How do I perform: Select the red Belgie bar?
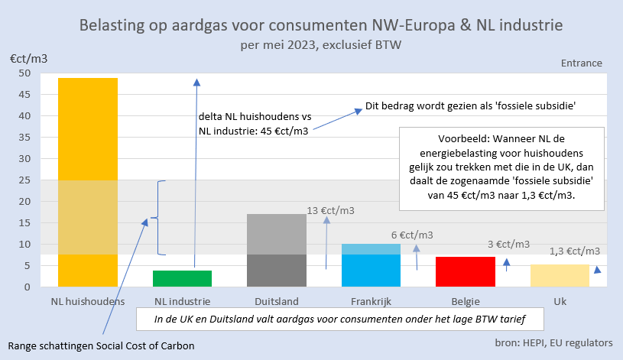coord(466,271)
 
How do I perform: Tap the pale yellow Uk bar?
coord(560,275)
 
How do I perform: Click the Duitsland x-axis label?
coord(277,300)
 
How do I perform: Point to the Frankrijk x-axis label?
coord(371,300)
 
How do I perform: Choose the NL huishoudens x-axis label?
coord(87,300)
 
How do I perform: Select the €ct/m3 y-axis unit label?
coord(29,58)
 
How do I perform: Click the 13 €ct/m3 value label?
coord(332,210)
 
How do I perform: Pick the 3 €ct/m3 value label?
coord(508,244)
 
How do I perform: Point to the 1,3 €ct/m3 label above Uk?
coord(574,251)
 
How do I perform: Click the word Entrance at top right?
coord(581,63)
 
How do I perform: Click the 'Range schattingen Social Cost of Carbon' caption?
coord(102,345)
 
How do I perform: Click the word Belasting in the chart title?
coord(115,25)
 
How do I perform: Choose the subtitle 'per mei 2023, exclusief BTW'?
coord(320,44)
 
